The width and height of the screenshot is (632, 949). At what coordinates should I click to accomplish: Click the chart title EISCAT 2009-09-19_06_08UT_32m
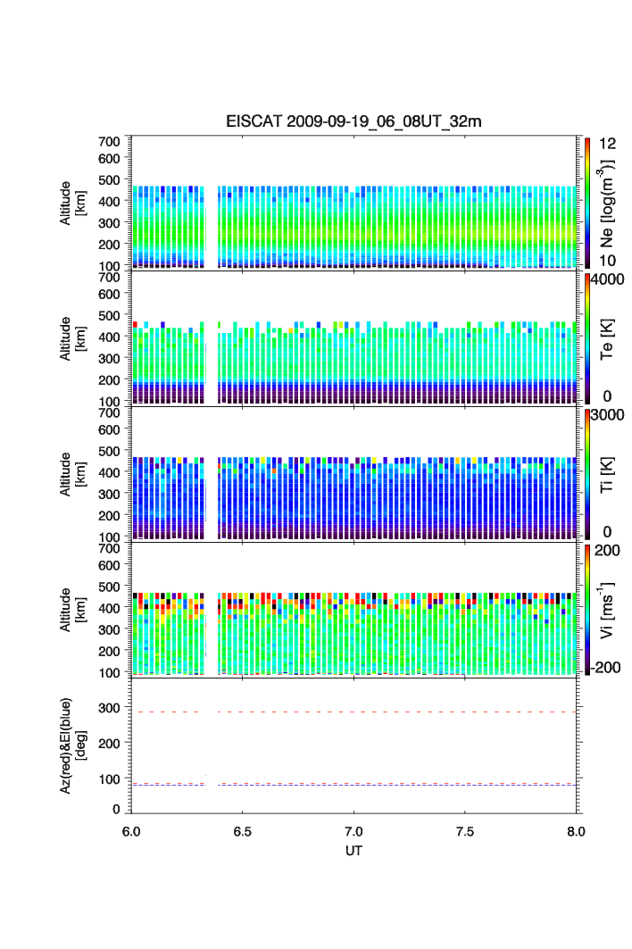click(353, 121)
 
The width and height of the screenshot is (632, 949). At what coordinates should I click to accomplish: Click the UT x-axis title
click(353, 850)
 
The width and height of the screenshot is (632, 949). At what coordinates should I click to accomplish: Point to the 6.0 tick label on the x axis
click(132, 829)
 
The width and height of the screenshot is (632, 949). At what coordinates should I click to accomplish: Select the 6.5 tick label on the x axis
click(243, 829)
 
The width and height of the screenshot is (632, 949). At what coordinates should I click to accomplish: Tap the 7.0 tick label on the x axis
click(353, 829)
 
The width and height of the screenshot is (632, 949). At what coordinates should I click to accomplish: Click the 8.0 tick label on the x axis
click(575, 829)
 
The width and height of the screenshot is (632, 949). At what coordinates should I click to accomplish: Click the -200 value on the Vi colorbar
click(607, 668)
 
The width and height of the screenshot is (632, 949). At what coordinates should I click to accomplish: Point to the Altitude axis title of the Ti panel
click(71, 475)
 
